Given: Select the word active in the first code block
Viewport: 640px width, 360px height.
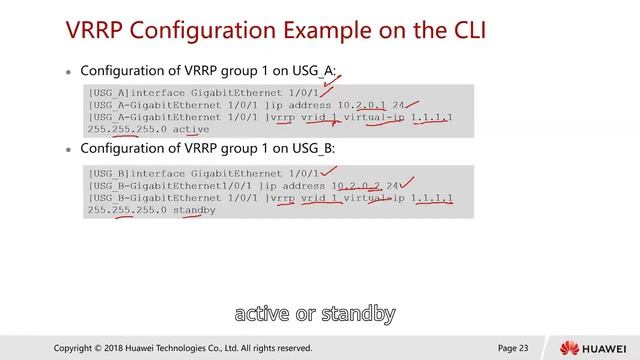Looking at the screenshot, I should (x=191, y=129).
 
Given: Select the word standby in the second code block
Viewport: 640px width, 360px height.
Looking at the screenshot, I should (x=194, y=210).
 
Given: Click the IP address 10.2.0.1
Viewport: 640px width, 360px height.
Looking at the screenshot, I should (x=360, y=103).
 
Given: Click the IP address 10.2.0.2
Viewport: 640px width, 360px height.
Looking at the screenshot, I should (x=360, y=184).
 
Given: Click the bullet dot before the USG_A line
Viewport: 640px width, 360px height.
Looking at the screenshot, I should (x=70, y=73).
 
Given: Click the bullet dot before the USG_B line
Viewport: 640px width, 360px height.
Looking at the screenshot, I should (x=70, y=150).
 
